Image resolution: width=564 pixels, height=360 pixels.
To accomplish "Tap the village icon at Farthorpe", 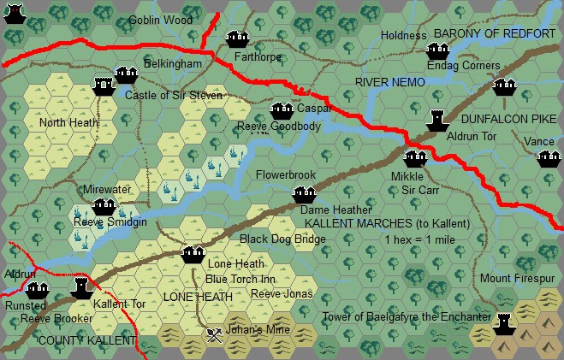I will pyautogui.click(x=236, y=38).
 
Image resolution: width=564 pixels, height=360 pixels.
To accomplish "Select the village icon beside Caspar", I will pyautogui.click(x=282, y=110).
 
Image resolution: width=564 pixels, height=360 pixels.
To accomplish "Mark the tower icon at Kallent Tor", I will pyautogui.click(x=80, y=288).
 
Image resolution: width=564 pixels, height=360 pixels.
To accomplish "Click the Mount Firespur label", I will pyautogui.click(x=517, y=279).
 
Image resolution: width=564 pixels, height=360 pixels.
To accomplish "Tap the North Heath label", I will pyautogui.click(x=69, y=122).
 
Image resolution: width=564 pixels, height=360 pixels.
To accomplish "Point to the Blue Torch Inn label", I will pyautogui.click(x=240, y=279).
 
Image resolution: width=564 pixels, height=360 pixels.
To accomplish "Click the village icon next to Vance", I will pyautogui.click(x=546, y=158).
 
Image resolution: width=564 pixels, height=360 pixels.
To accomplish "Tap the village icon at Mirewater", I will pyautogui.click(x=104, y=206).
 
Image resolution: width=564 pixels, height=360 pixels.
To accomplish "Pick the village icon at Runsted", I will pyautogui.click(x=36, y=290).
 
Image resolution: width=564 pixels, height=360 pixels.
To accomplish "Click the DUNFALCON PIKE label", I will pyautogui.click(x=508, y=122).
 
